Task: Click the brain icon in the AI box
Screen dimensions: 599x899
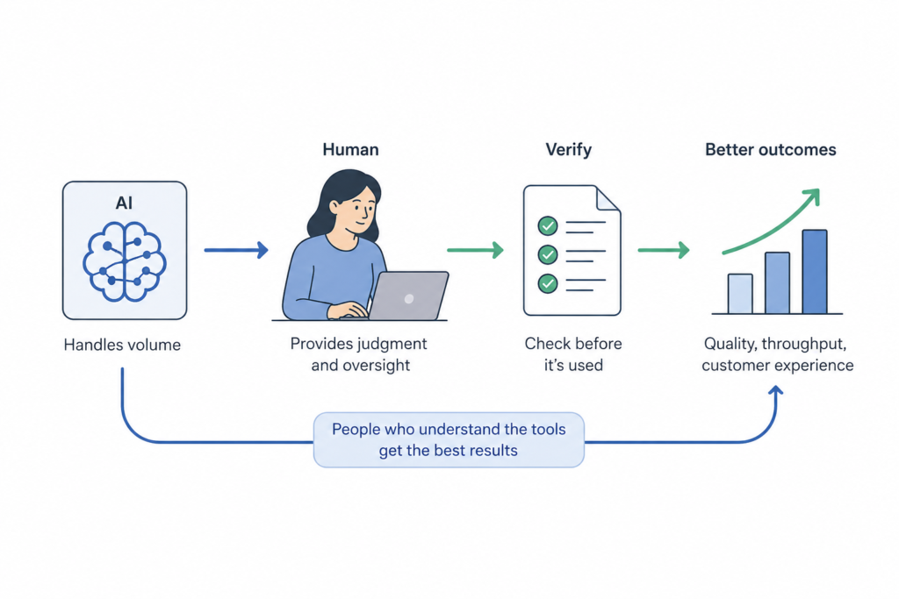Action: click(124, 261)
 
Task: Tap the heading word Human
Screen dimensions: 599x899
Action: click(350, 150)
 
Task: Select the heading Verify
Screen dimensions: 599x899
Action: click(569, 150)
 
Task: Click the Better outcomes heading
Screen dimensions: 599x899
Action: click(771, 150)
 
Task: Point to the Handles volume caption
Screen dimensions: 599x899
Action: click(122, 345)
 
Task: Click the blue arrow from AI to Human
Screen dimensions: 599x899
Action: click(235, 251)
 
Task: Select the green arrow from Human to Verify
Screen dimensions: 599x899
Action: click(475, 251)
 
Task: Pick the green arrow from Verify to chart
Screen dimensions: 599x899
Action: click(663, 251)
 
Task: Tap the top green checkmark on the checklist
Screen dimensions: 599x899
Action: click(548, 226)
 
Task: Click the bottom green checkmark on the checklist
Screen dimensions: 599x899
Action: click(548, 282)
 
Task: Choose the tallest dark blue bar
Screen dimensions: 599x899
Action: click(815, 272)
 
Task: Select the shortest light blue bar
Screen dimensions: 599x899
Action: click(740, 294)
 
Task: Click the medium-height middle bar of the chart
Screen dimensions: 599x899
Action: click(777, 283)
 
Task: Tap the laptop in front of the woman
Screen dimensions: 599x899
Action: click(407, 296)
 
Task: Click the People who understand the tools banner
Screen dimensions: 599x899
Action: click(449, 439)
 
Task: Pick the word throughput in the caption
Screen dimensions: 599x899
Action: click(789, 344)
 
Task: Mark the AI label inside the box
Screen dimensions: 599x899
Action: click(124, 203)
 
